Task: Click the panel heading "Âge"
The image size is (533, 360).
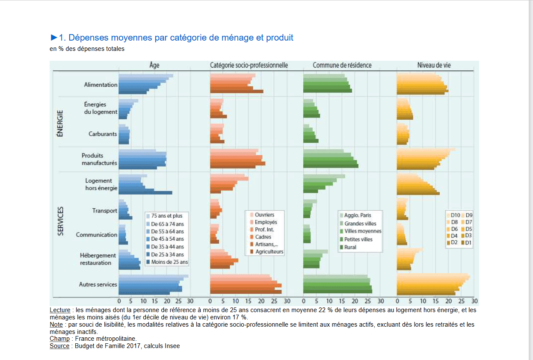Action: [154, 65]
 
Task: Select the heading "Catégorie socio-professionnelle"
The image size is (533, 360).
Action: [249, 65]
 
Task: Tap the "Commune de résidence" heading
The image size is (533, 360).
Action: [342, 65]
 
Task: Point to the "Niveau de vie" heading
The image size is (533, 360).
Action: [434, 65]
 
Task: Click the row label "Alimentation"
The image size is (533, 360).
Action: [101, 85]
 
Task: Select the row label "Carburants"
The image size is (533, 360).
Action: [103, 134]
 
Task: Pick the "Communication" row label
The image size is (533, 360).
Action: [97, 235]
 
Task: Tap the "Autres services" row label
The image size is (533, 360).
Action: [98, 284]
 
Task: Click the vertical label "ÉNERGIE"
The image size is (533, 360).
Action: [60, 124]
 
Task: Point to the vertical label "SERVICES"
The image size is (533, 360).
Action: [60, 221]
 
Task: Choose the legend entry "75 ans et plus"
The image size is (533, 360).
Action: [166, 216]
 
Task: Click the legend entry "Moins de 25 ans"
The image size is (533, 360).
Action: [169, 262]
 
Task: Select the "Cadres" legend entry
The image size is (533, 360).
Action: [263, 237]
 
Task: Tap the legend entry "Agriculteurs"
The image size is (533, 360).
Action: [269, 252]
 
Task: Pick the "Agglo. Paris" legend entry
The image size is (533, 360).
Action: [358, 215]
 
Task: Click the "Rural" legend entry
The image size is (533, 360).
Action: [350, 247]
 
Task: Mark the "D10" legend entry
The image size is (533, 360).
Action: [455, 215]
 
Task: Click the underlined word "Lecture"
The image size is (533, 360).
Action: [59, 310]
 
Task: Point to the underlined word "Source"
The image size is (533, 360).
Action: [59, 346]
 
